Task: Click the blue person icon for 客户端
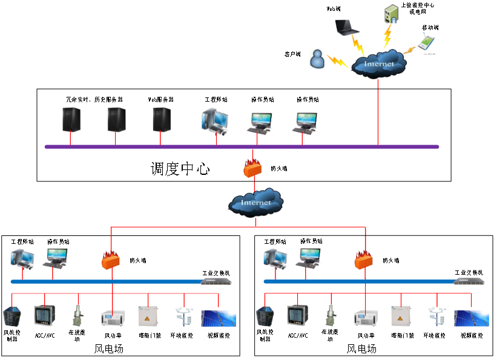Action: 317,59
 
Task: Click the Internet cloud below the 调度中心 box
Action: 255,202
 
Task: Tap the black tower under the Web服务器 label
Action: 161,119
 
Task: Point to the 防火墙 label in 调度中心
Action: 278,169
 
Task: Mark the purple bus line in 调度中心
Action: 242,146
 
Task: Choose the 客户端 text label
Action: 292,54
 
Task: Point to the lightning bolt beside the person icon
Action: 336,61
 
